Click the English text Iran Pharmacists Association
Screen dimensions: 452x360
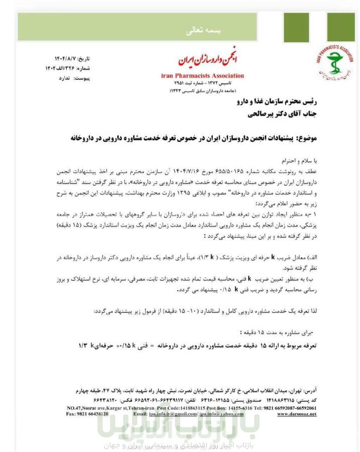(203, 76)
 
